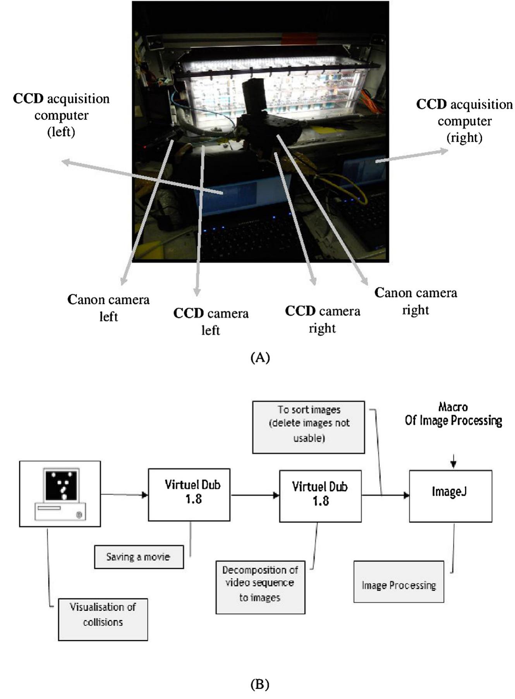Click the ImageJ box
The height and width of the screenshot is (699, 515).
click(451, 496)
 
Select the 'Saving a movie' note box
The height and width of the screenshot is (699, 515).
click(139, 557)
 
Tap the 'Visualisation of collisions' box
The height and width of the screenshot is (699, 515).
click(103, 619)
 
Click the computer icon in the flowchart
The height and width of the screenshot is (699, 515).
click(60, 494)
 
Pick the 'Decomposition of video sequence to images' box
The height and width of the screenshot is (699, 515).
click(261, 587)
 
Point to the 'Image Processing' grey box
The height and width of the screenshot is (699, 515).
click(399, 582)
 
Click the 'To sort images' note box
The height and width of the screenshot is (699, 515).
click(309, 427)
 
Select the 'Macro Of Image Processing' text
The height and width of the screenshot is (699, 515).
click(453, 414)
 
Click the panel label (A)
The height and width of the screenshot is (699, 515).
click(260, 357)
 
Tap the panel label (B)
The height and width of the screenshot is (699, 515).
click(260, 684)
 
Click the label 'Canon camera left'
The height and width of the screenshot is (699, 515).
click(108, 308)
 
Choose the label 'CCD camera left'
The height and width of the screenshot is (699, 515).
click(211, 321)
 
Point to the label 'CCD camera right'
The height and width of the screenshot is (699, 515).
click(323, 319)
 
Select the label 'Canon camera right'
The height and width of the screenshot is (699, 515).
click(415, 301)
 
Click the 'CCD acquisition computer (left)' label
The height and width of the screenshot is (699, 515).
click(61, 115)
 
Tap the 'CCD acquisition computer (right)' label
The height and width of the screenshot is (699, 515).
click(464, 121)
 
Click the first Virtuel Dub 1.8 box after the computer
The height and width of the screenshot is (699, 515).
click(189, 495)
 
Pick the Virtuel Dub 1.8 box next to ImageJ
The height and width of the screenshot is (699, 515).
click(321, 496)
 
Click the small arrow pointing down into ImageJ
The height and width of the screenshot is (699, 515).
click(454, 460)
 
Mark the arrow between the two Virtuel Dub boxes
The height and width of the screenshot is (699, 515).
click(255, 495)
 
